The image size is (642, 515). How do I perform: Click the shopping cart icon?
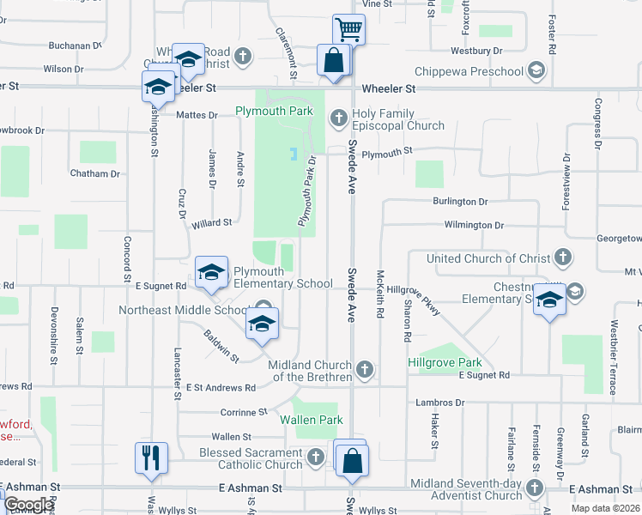click(349, 30)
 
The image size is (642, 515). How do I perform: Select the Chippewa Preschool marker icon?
click(537, 70)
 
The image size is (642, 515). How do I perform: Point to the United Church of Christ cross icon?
click(563, 257)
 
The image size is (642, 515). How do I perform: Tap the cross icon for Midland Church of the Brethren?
click(366, 370)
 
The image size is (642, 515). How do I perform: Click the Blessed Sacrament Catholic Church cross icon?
click(316, 457)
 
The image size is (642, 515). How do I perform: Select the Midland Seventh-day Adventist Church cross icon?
click(536, 488)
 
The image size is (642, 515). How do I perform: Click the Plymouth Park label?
click(275, 112)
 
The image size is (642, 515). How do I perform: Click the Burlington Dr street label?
click(460, 202)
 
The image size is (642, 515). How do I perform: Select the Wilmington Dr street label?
click(473, 225)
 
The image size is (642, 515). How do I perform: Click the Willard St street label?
click(211, 222)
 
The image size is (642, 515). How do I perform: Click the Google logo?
click(28, 506)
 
